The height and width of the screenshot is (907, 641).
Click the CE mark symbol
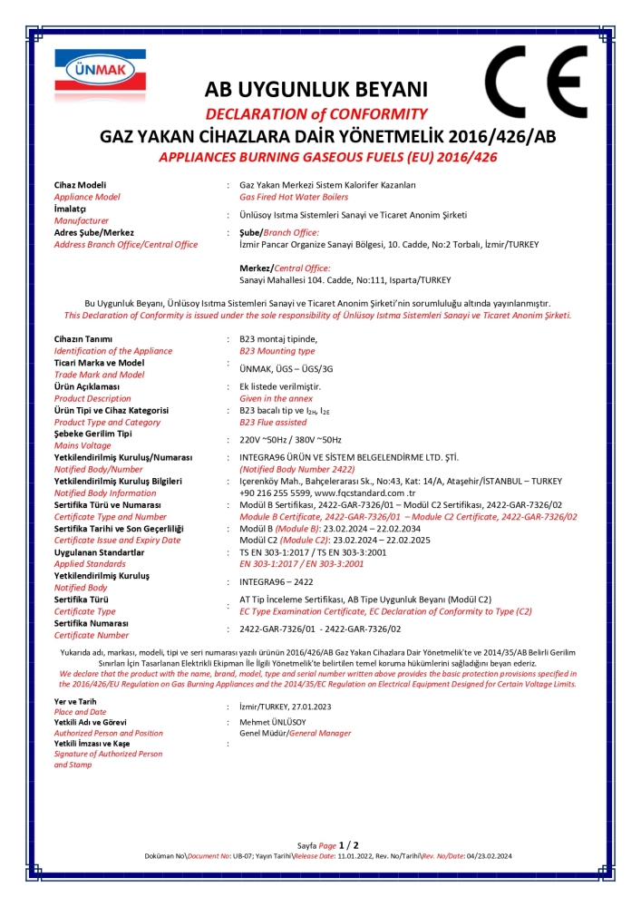535,82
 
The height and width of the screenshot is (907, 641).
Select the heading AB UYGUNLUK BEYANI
315,90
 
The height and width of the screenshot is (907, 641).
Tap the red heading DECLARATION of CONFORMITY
316,114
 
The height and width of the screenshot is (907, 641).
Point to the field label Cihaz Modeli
80,185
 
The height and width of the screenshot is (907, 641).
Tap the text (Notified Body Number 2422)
297,469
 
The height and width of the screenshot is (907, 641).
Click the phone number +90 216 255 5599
272,493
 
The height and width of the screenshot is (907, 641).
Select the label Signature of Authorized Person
108,754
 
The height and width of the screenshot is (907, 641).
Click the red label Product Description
92,398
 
